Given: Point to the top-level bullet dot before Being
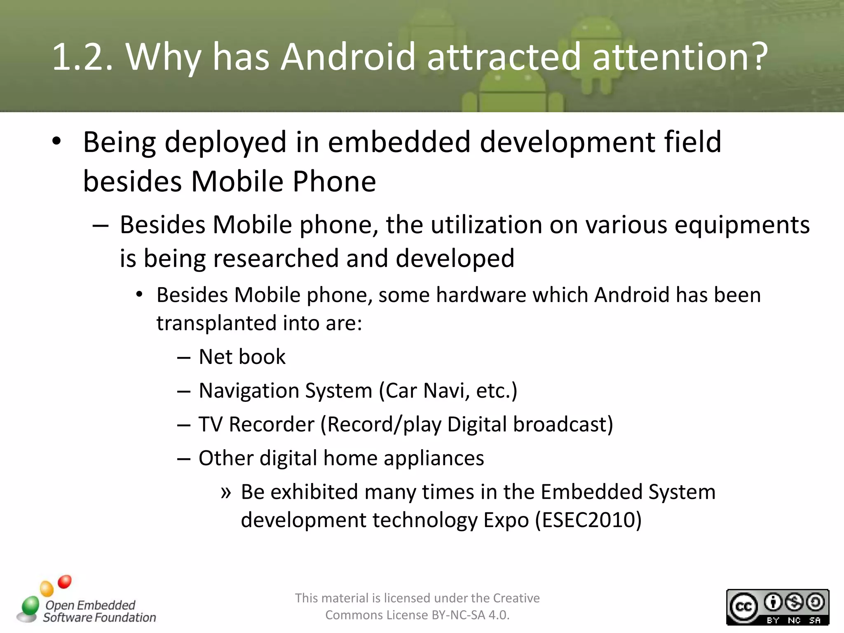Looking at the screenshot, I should (56, 141).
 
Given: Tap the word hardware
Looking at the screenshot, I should (481, 295).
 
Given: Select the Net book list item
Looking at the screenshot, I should (242, 356).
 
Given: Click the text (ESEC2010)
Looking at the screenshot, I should (588, 520).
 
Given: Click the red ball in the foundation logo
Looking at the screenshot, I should (65, 581).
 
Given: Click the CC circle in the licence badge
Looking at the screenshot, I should (743, 607).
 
